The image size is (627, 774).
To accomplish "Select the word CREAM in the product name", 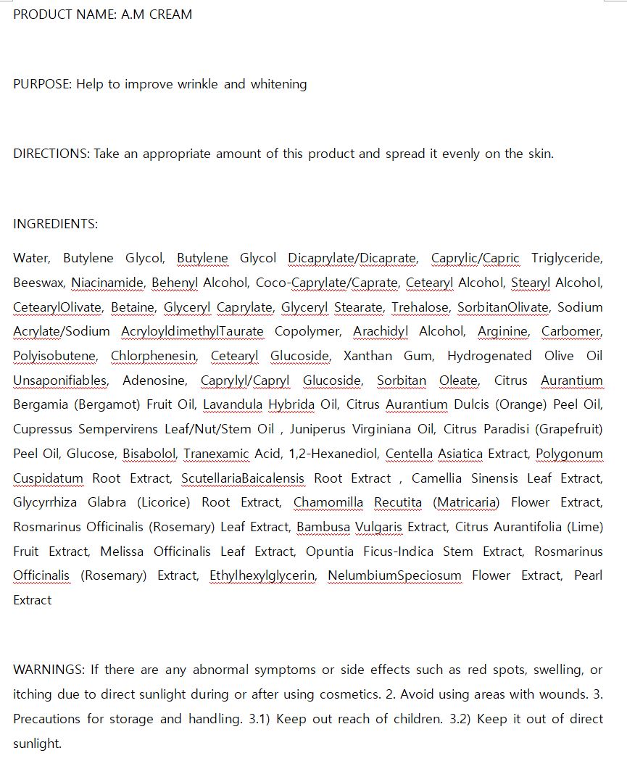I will (170, 14).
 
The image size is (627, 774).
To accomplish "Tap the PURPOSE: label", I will (43, 84).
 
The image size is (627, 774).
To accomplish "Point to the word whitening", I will (278, 84).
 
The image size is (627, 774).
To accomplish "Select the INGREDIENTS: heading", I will (55, 224).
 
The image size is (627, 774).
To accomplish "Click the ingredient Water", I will (31, 259).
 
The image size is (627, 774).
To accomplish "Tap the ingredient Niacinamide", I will (108, 283).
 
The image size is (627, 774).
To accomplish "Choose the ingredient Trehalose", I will (421, 307).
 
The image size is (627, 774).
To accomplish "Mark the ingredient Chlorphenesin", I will (154, 356).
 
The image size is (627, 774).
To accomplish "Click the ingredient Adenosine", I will (154, 380).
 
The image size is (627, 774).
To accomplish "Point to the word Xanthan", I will (367, 356).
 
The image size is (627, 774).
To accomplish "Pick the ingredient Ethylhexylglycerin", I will (263, 575).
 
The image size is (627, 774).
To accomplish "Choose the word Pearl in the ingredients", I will (588, 575).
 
